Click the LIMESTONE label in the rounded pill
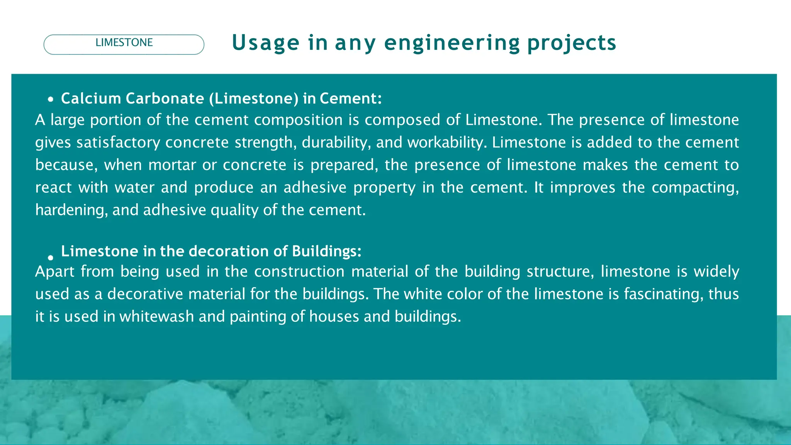pyautogui.click(x=124, y=42)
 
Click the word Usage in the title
pyautogui.click(x=265, y=43)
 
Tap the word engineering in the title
pyautogui.click(x=452, y=43)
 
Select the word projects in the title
pyautogui.click(x=572, y=43)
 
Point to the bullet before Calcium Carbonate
pyautogui.click(x=51, y=100)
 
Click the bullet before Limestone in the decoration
pyautogui.click(x=51, y=258)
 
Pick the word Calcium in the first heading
pyautogui.click(x=91, y=99)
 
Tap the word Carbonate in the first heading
pyautogui.click(x=165, y=99)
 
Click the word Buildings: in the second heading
pyautogui.click(x=327, y=251)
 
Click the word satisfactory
pyautogui.click(x=118, y=143)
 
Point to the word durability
pyautogui.click(x=336, y=143)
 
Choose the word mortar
pyautogui.click(x=172, y=165)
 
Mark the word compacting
pyautogui.click(x=695, y=188)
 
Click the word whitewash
pyautogui.click(x=156, y=316)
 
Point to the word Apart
pyautogui.click(x=54, y=272)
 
